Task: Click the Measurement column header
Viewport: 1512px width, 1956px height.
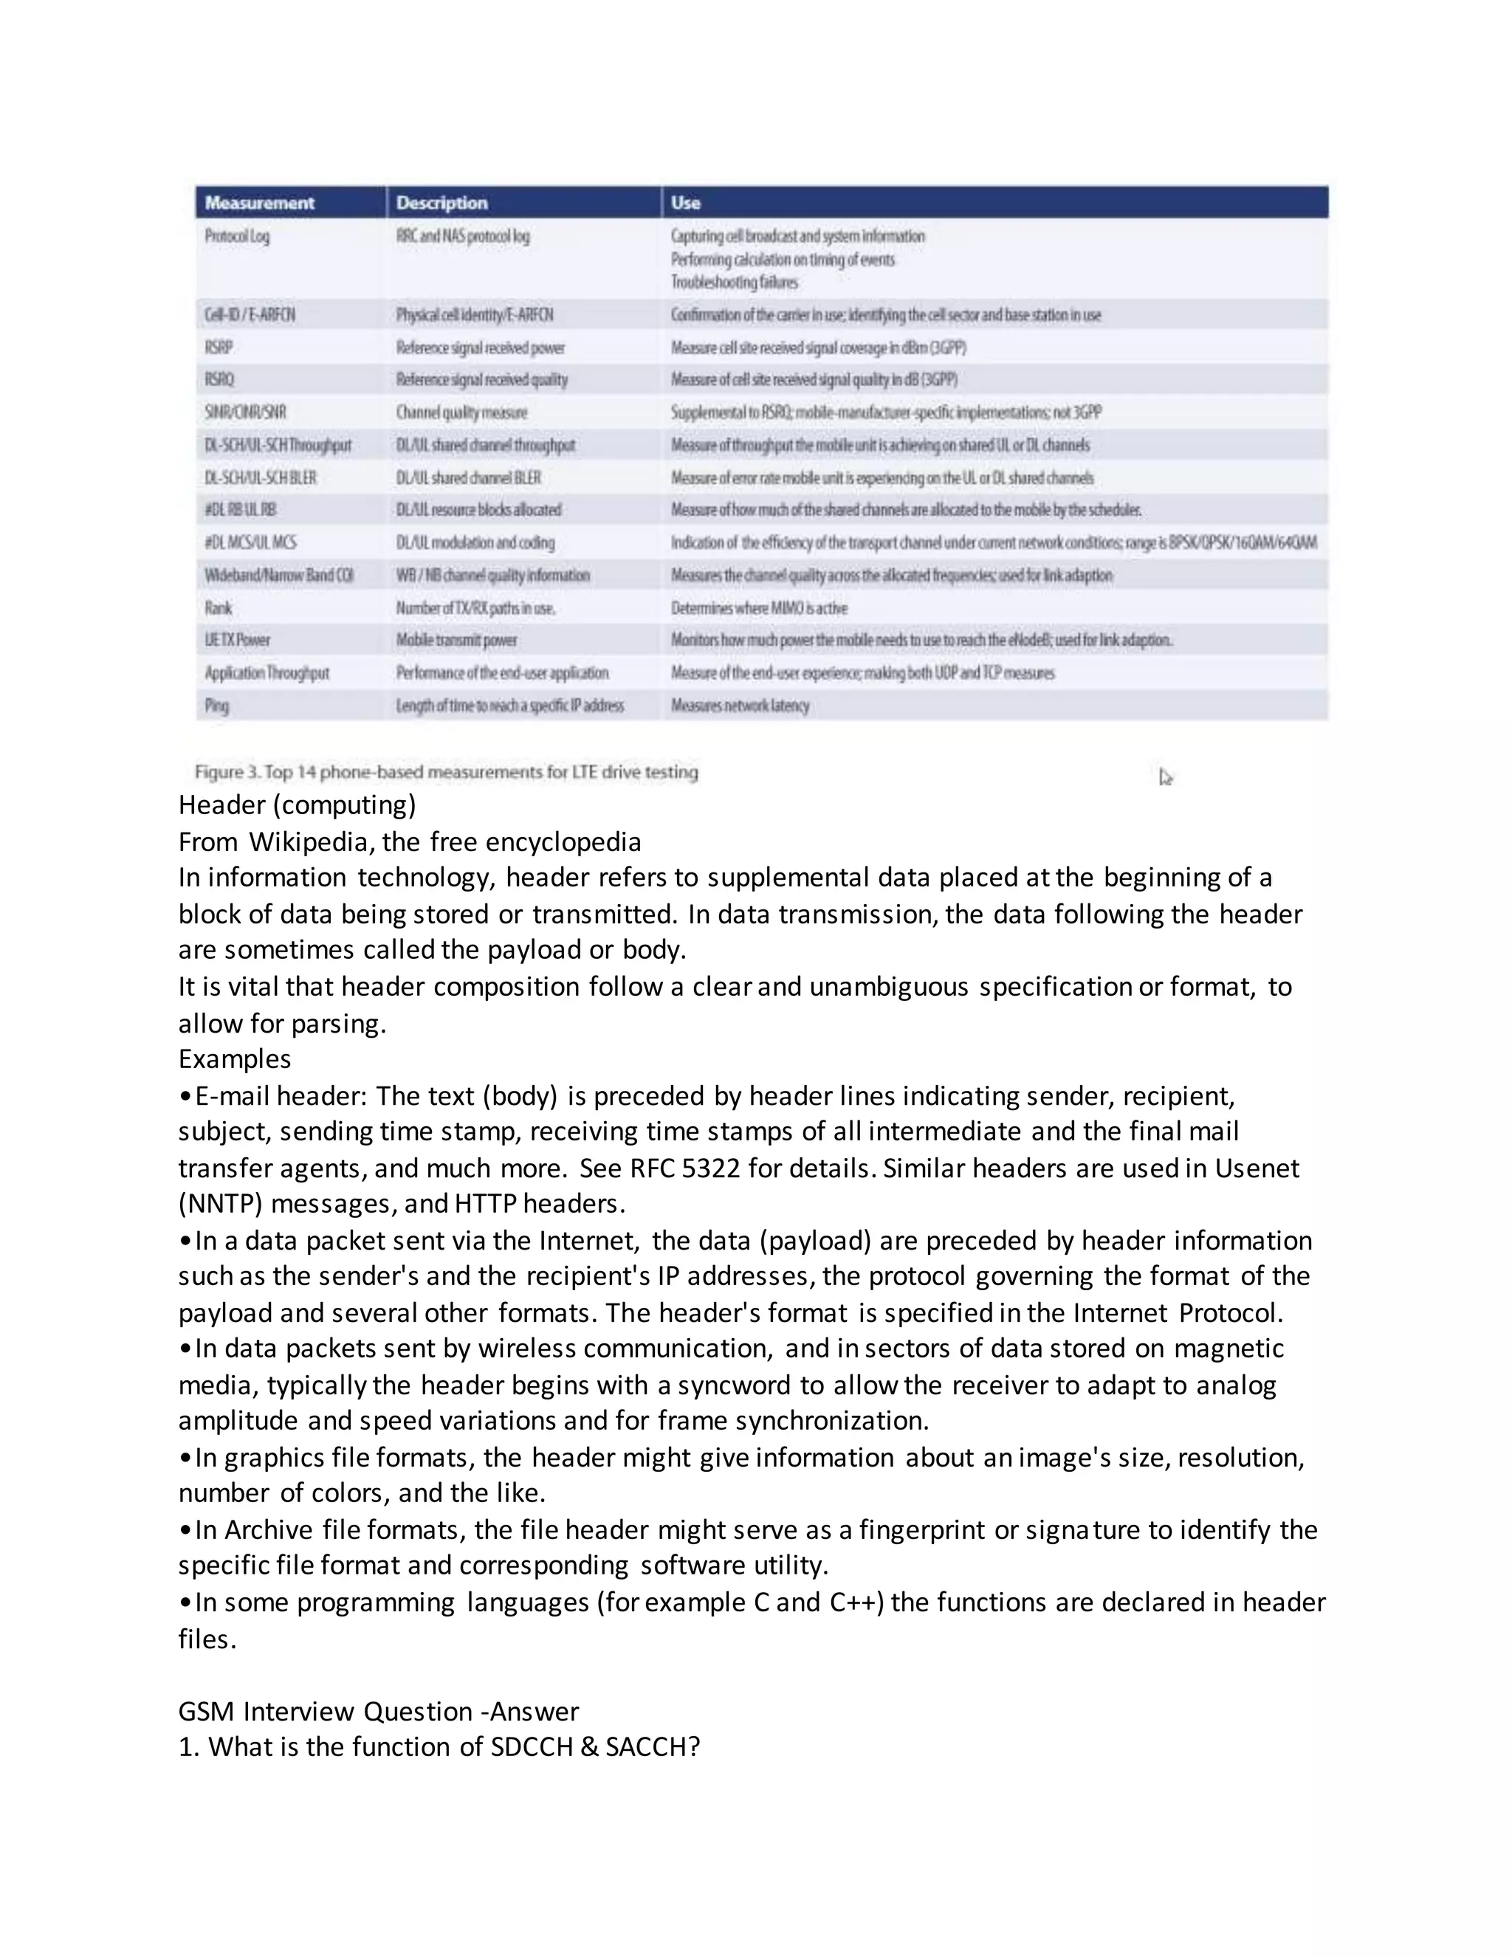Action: pyautogui.click(x=260, y=202)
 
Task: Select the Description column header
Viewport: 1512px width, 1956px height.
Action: pyautogui.click(x=441, y=202)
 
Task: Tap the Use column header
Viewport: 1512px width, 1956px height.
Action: pyautogui.click(x=685, y=202)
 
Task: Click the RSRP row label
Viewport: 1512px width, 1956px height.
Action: pyautogui.click(x=219, y=348)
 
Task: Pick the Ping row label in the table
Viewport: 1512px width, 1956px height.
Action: pyautogui.click(x=217, y=706)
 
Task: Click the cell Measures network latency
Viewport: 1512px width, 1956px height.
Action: pyautogui.click(x=740, y=706)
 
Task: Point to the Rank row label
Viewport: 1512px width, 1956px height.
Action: pyautogui.click(x=218, y=608)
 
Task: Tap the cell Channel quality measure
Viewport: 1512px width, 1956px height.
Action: pyautogui.click(x=461, y=413)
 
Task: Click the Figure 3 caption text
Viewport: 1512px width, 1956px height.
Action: pyautogui.click(x=446, y=772)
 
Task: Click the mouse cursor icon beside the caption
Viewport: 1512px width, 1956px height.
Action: pyautogui.click(x=1165, y=776)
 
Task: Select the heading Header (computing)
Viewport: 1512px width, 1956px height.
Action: pyautogui.click(x=298, y=805)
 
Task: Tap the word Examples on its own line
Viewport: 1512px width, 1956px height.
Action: pyautogui.click(x=235, y=1059)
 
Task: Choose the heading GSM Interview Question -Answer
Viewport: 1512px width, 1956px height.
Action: pyautogui.click(x=378, y=1712)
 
